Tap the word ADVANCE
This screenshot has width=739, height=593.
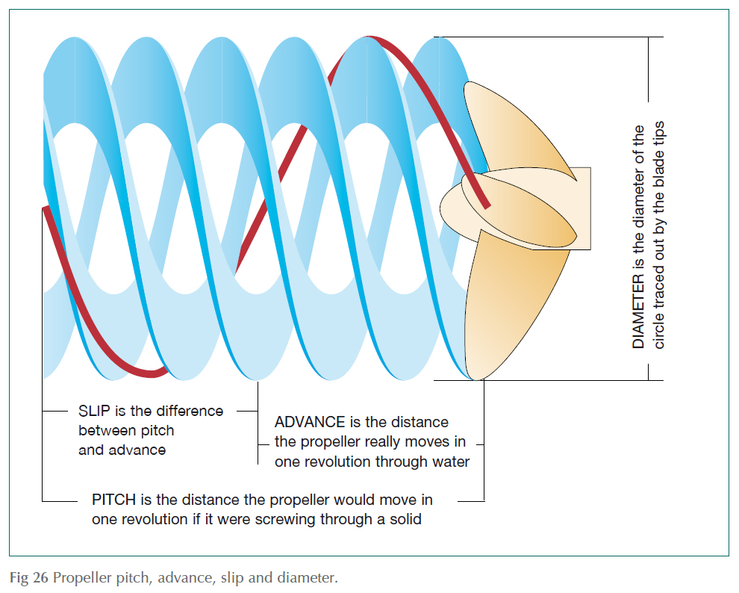click(310, 423)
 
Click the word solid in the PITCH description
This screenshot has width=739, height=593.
click(403, 518)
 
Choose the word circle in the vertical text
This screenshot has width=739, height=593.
click(658, 329)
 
